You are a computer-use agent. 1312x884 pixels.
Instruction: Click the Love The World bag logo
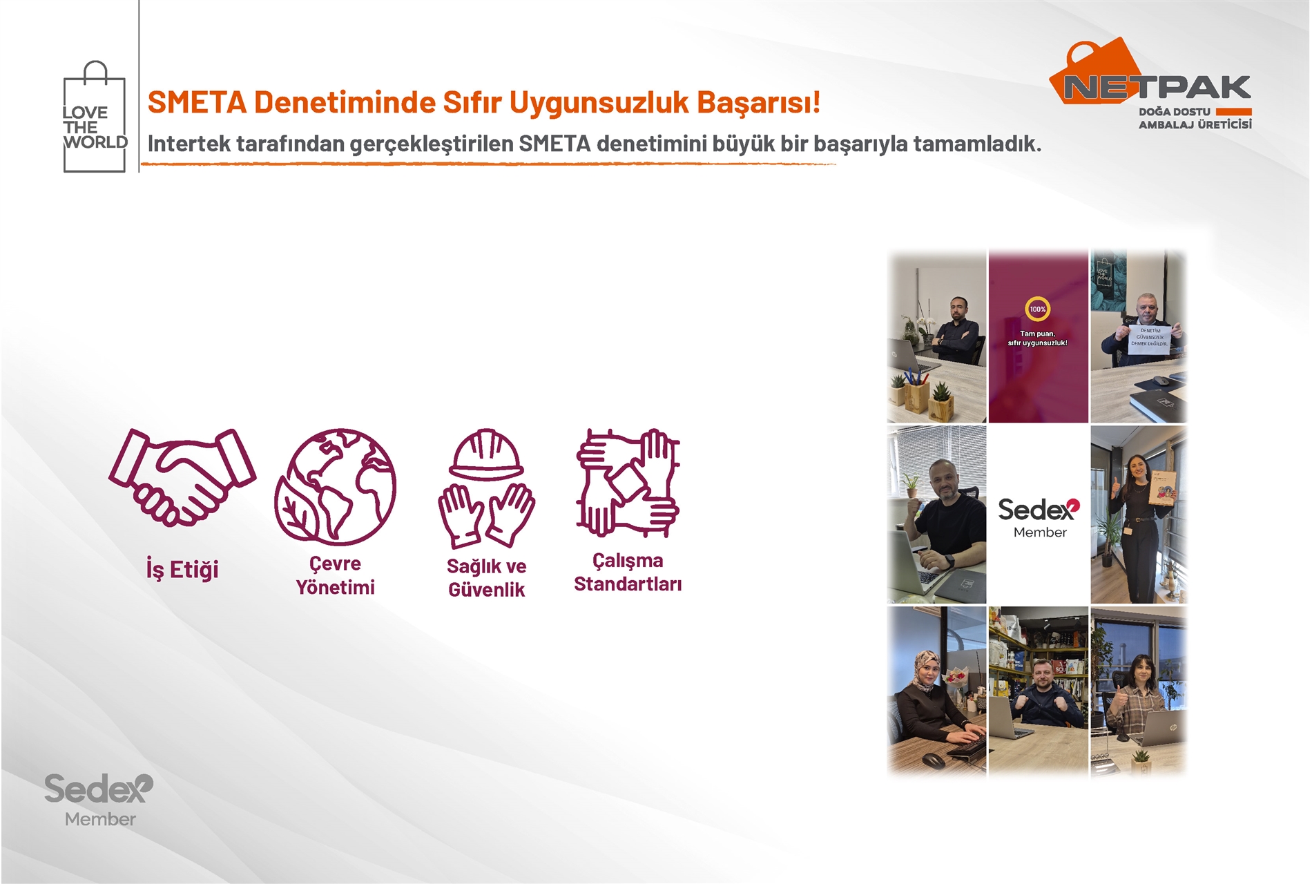[95, 117]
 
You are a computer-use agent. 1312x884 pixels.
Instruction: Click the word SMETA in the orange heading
[197, 102]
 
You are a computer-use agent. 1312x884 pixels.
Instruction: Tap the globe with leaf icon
[336, 486]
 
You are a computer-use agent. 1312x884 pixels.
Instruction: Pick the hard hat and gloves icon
[486, 487]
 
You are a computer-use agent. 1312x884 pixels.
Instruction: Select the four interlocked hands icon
[628, 483]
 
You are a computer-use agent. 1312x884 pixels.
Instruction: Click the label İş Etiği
[182, 570]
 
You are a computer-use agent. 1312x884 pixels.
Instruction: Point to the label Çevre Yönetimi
[336, 575]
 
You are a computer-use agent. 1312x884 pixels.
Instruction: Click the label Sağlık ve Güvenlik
[486, 578]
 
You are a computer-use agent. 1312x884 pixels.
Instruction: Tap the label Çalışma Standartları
[628, 573]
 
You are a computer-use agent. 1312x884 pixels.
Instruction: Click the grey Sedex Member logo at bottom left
[99, 799]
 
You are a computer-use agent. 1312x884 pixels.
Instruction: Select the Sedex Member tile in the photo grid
[1039, 517]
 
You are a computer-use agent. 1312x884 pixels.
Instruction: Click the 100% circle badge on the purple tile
[1037, 309]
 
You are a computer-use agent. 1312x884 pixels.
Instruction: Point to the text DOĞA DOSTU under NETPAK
[1174, 112]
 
